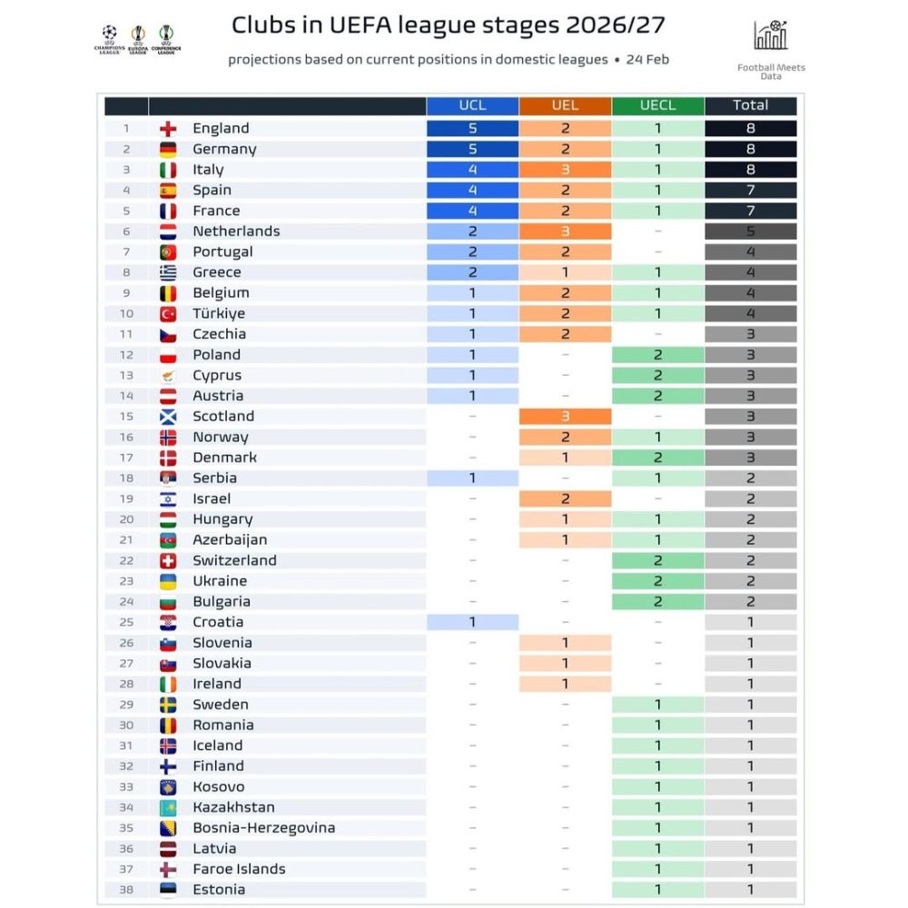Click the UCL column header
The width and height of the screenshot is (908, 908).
pyautogui.click(x=472, y=105)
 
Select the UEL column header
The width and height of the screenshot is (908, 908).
pyautogui.click(x=565, y=105)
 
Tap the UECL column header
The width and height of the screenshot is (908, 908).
pyautogui.click(x=657, y=105)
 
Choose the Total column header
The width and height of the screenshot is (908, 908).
pyautogui.click(x=750, y=105)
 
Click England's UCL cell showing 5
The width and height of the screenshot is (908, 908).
pyautogui.click(x=472, y=129)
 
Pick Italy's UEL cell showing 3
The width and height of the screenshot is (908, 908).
pyautogui.click(x=565, y=170)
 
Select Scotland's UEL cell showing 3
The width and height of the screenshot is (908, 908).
pyautogui.click(x=565, y=417)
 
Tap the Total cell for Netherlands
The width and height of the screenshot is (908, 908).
pyautogui.click(x=750, y=232)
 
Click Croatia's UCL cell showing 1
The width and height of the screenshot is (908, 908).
pyautogui.click(x=472, y=622)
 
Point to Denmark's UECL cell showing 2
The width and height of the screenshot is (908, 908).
pyautogui.click(x=657, y=458)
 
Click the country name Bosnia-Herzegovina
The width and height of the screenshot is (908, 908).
pyautogui.click(x=263, y=828)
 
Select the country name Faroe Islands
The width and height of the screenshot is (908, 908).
pyautogui.click(x=239, y=869)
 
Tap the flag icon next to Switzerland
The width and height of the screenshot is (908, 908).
pyautogui.click(x=168, y=561)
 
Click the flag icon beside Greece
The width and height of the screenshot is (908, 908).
pyautogui.click(x=168, y=272)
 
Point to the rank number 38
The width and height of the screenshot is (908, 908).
pyautogui.click(x=126, y=890)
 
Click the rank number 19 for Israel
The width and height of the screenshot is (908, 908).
pyautogui.click(x=126, y=498)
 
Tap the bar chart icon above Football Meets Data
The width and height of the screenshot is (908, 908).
pyautogui.click(x=771, y=35)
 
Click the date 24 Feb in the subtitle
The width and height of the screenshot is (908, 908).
pyautogui.click(x=648, y=60)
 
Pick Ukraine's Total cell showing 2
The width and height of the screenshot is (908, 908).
pyautogui.click(x=750, y=581)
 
